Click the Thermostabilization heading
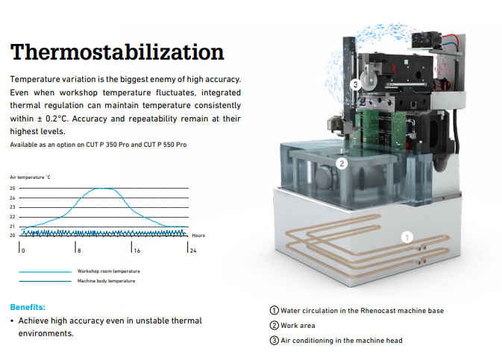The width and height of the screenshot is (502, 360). click(117, 52)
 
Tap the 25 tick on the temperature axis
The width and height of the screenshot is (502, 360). click(13, 188)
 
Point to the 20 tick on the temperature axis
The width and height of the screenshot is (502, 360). click(13, 236)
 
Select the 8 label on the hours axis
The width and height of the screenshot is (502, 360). click(79, 250)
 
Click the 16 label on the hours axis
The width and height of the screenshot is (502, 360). click(137, 250)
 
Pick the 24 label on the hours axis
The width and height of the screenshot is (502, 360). click(193, 250)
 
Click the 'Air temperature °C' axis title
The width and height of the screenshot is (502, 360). click(30, 177)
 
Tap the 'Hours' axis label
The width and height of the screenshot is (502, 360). click(198, 236)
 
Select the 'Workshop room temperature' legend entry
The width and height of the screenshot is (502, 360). click(109, 271)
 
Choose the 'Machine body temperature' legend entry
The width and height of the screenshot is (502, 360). click(106, 281)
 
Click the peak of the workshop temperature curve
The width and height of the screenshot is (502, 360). click(102, 189)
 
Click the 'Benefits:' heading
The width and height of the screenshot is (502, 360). click(28, 307)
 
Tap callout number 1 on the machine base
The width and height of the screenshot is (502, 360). click(407, 238)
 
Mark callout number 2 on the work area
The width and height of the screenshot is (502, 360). click(342, 163)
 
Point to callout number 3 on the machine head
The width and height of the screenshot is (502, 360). click(355, 85)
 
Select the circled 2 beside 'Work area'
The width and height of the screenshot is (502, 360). click(274, 326)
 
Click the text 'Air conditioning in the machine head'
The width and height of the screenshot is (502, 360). click(342, 341)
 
